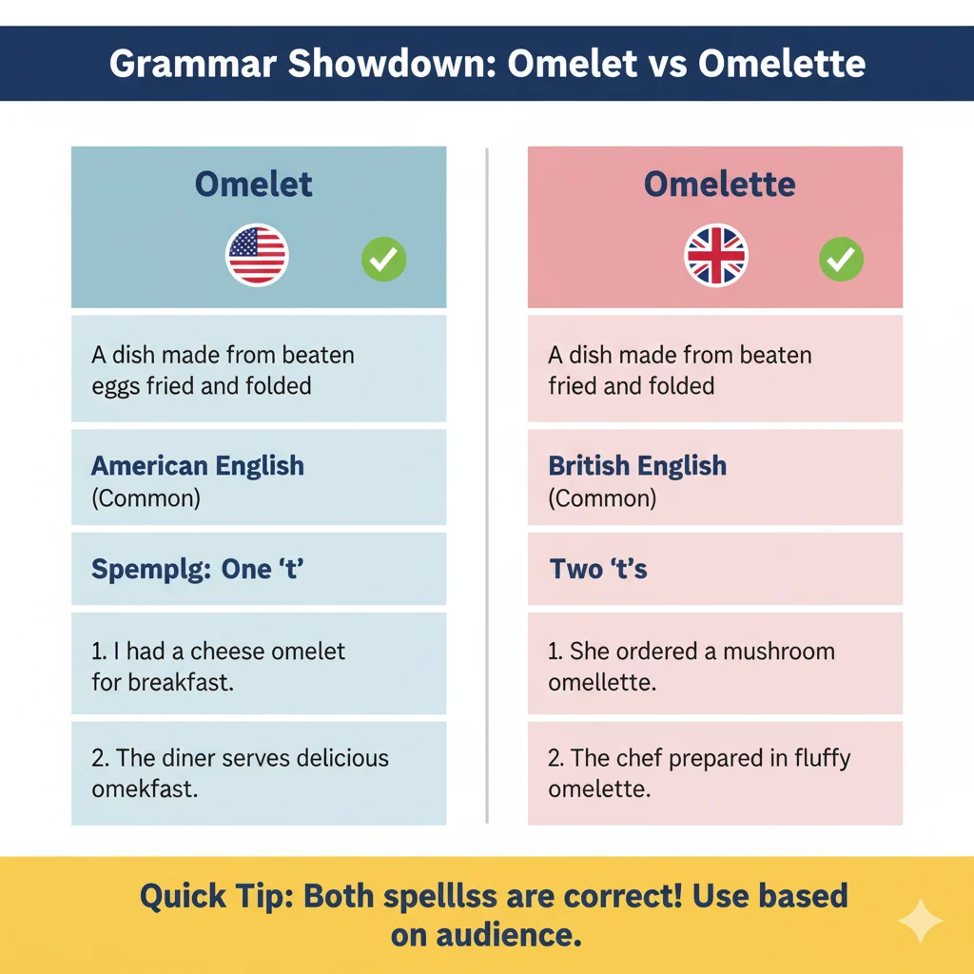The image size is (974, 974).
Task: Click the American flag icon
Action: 257,256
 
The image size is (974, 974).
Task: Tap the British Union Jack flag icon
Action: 716,256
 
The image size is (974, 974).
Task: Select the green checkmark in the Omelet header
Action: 383,259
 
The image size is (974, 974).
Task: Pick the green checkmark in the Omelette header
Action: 841,259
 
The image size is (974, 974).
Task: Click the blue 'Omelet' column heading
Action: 254,185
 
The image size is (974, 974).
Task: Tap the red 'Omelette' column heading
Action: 719,185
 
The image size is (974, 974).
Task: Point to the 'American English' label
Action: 198,466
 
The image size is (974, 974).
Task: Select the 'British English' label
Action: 637,466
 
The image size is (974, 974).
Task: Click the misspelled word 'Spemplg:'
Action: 150,570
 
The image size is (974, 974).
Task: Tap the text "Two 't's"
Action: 598,570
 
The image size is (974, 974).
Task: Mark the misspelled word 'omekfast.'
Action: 145,789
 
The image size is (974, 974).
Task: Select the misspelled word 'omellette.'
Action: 601,683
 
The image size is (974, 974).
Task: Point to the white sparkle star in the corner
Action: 921,921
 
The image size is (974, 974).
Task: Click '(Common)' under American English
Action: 146,498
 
